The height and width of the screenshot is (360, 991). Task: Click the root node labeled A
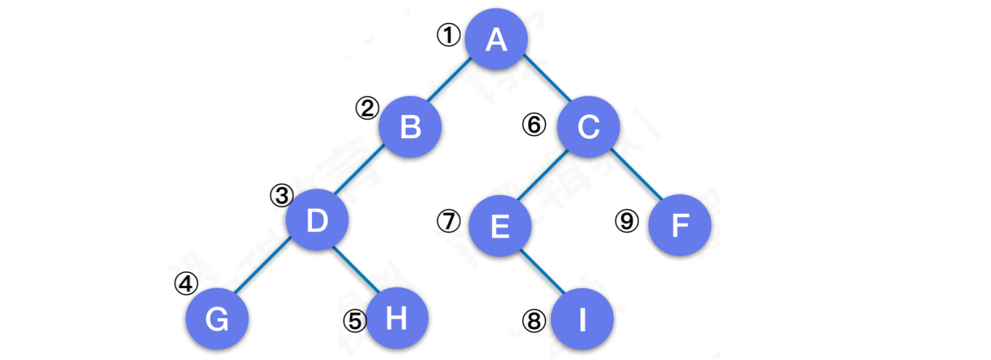[x=496, y=40]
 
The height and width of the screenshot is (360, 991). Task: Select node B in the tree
[x=411, y=127]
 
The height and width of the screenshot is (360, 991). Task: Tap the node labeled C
[x=588, y=127]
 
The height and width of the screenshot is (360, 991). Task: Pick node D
[x=318, y=220]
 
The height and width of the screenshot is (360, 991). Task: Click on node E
[x=500, y=227]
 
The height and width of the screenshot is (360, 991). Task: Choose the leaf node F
[x=680, y=227]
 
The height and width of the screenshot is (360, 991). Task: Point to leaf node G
[x=217, y=319]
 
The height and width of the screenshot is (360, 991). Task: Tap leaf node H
[x=397, y=318]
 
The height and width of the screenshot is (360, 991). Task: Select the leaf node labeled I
[x=582, y=319]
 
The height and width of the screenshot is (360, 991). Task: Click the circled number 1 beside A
[x=449, y=35]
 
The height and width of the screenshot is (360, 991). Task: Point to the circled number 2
[x=367, y=108]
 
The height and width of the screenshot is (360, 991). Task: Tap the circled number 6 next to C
[x=534, y=125]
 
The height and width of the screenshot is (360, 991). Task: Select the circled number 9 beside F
[x=627, y=221]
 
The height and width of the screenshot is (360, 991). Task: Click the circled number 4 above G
[x=186, y=284]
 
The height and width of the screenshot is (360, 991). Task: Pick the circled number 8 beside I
[x=534, y=321]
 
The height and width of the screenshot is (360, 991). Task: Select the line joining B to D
[x=364, y=174]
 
